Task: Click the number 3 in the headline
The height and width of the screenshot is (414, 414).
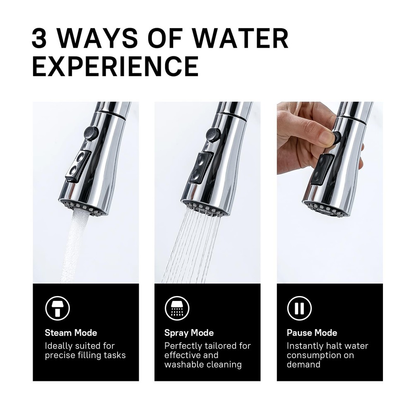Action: (39, 38)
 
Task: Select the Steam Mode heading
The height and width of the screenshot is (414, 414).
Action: (71, 333)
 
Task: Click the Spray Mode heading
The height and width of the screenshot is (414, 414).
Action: (189, 333)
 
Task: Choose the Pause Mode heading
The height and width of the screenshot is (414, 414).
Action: (312, 333)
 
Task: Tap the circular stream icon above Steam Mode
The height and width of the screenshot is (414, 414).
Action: (58, 308)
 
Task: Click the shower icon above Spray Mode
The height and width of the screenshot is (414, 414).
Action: (177, 308)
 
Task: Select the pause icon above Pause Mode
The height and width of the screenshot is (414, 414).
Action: (299, 308)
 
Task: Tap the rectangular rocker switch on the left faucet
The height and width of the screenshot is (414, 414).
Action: (78, 166)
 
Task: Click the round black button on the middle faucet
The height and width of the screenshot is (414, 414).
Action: (213, 135)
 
